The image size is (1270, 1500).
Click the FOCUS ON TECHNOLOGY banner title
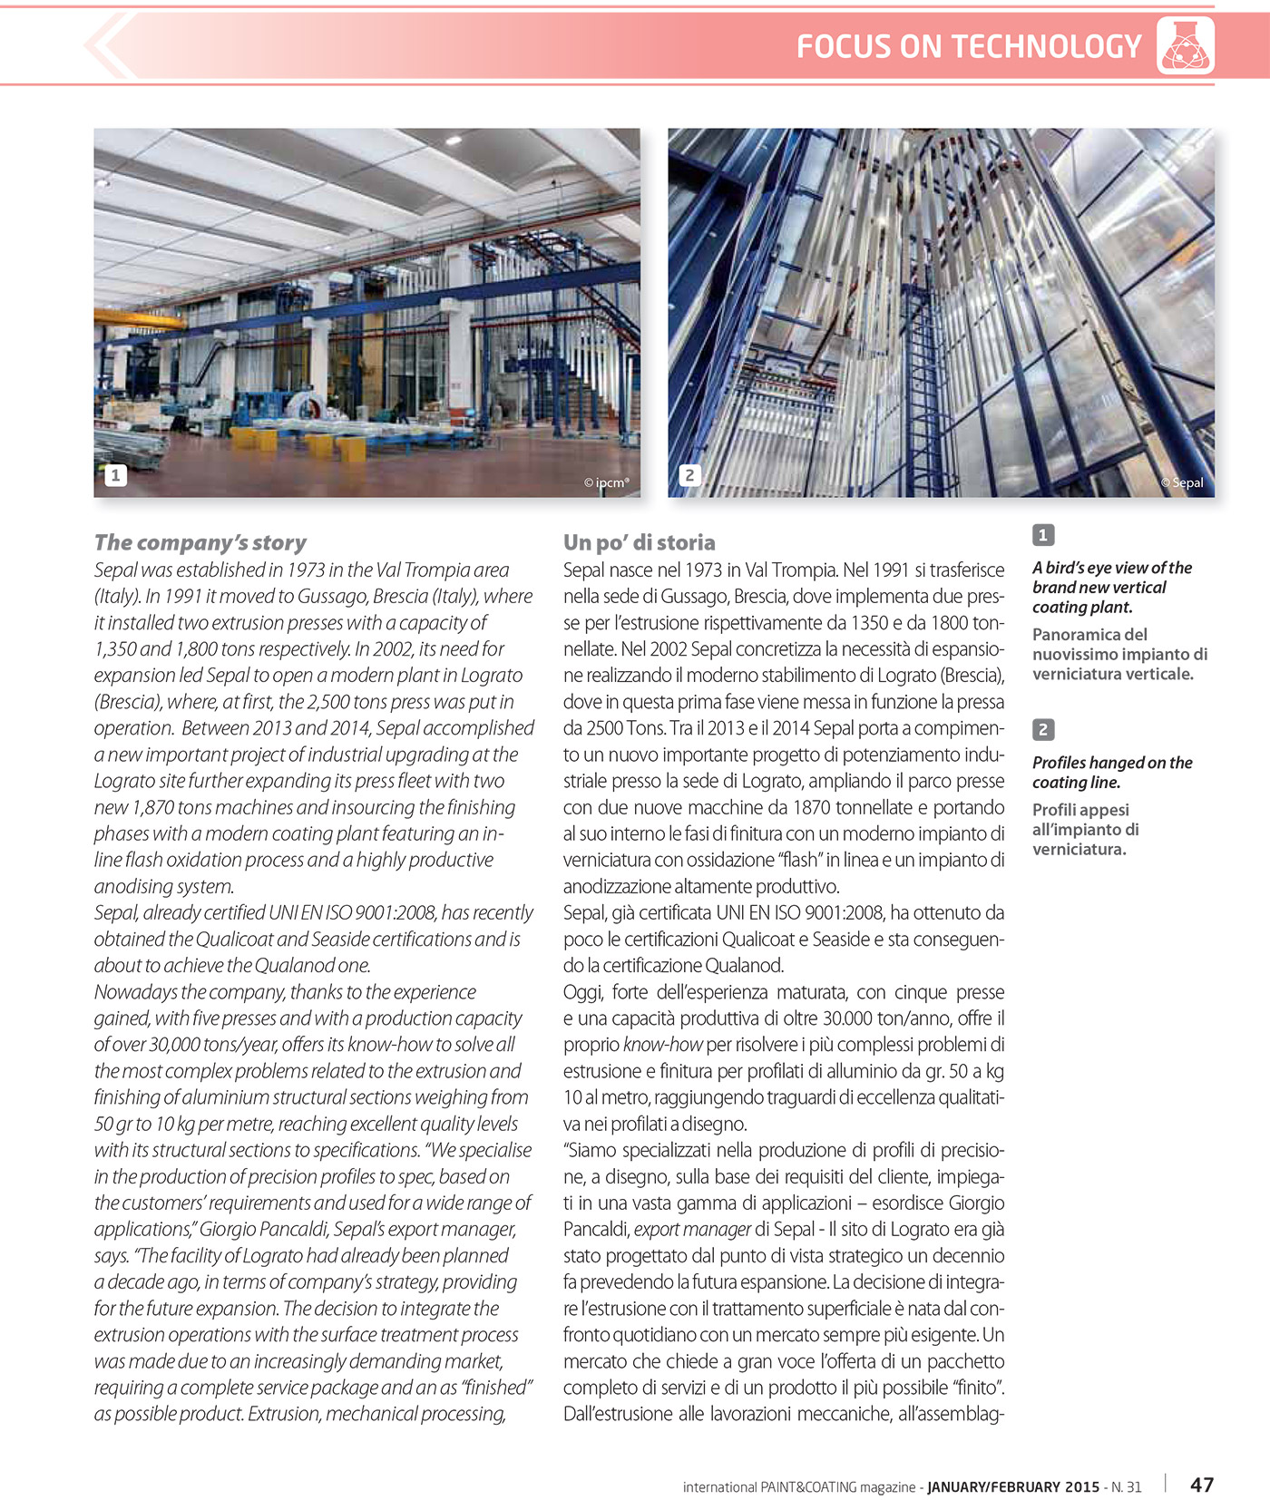(x=968, y=46)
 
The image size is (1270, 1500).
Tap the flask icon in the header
(x=1185, y=46)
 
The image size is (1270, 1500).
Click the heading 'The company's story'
(x=200, y=542)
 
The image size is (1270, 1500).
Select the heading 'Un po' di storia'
(x=639, y=542)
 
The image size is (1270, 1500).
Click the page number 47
(x=1202, y=1485)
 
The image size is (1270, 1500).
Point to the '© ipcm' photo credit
(x=606, y=482)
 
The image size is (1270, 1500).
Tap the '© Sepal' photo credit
(x=1182, y=482)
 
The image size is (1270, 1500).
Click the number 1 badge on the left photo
(x=115, y=475)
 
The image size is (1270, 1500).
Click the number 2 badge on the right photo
(x=689, y=475)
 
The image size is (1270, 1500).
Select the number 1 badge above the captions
(x=1043, y=535)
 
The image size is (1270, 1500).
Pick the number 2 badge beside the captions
(x=1043, y=730)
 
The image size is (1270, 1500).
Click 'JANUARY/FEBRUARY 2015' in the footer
(x=1012, y=1487)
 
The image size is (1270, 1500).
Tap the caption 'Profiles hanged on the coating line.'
(x=1112, y=773)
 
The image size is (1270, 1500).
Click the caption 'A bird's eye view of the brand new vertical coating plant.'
(x=1112, y=587)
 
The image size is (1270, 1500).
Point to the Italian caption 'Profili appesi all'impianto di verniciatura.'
(x=1086, y=829)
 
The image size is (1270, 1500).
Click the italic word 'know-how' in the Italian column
(x=662, y=1045)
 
